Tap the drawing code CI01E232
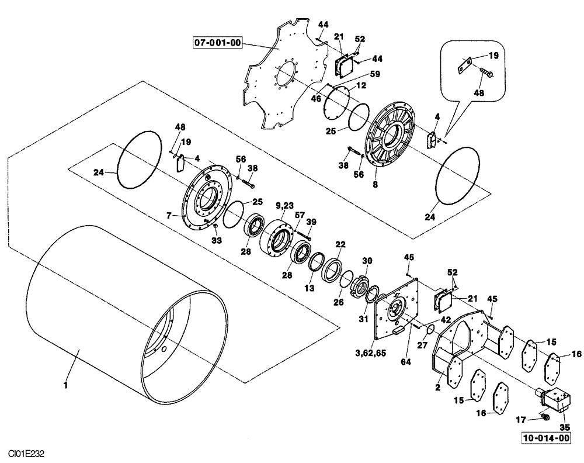(x=27, y=454)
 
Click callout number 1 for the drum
(x=66, y=385)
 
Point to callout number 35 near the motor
(x=564, y=427)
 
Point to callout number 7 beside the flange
(x=168, y=216)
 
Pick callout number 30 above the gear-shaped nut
(x=367, y=261)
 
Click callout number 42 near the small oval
(x=446, y=320)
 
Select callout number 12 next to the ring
(x=361, y=86)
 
